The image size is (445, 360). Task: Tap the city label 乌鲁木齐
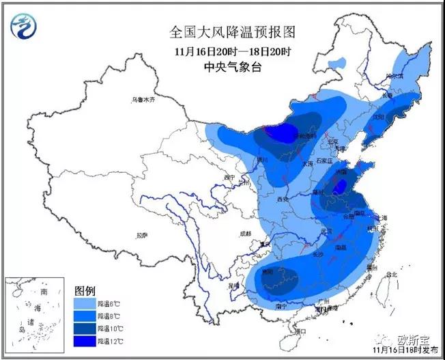(144, 100)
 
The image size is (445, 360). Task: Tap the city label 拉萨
(141, 236)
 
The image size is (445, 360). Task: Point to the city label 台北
(390, 275)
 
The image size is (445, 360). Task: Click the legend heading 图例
(83, 289)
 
